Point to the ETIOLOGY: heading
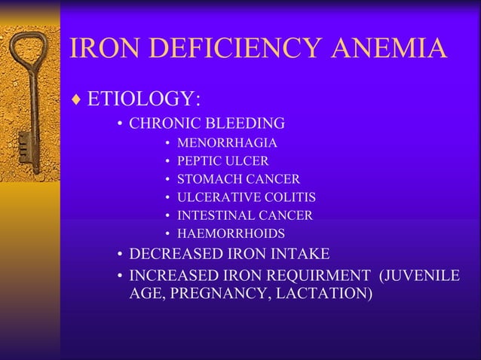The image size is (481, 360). tap(143, 99)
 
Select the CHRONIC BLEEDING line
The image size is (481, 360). tap(207, 124)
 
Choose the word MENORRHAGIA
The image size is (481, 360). tap(227, 142)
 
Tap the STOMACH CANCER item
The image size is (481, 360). tap(238, 178)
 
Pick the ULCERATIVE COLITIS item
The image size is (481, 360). tap(246, 197)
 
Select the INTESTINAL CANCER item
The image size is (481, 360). tap(244, 215)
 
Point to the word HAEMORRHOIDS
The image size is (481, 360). tap(231, 233)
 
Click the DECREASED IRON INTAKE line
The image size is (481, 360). tap(229, 254)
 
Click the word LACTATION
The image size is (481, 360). tap(326, 293)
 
